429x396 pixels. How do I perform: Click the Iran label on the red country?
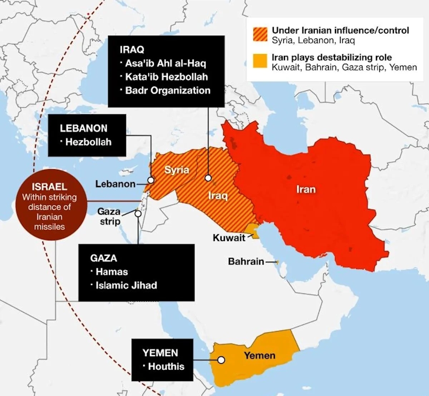click(x=306, y=189)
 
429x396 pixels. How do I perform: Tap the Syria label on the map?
click(x=177, y=170)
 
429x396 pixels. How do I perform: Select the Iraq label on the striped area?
click(x=218, y=196)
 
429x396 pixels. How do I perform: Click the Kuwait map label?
click(x=229, y=238)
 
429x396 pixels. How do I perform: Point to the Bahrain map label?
click(x=246, y=262)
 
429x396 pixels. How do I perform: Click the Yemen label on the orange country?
click(x=260, y=356)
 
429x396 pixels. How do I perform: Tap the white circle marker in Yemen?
click(x=221, y=360)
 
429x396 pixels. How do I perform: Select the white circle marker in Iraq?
click(x=208, y=178)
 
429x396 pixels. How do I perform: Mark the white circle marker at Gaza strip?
click(x=138, y=214)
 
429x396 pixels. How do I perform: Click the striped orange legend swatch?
click(x=260, y=35)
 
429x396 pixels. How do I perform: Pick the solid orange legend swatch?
click(x=260, y=61)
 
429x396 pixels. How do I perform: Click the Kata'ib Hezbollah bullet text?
click(x=166, y=77)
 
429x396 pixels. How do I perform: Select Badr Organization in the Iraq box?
click(x=168, y=90)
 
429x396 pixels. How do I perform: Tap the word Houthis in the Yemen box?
click(x=166, y=366)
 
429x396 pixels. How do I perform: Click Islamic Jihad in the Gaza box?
click(x=126, y=285)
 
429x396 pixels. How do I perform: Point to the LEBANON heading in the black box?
click(x=84, y=128)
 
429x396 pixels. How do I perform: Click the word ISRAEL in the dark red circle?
click(x=49, y=187)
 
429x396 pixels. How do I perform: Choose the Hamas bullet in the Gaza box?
click(x=112, y=272)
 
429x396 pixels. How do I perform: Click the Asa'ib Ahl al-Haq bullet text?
click(x=166, y=64)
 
